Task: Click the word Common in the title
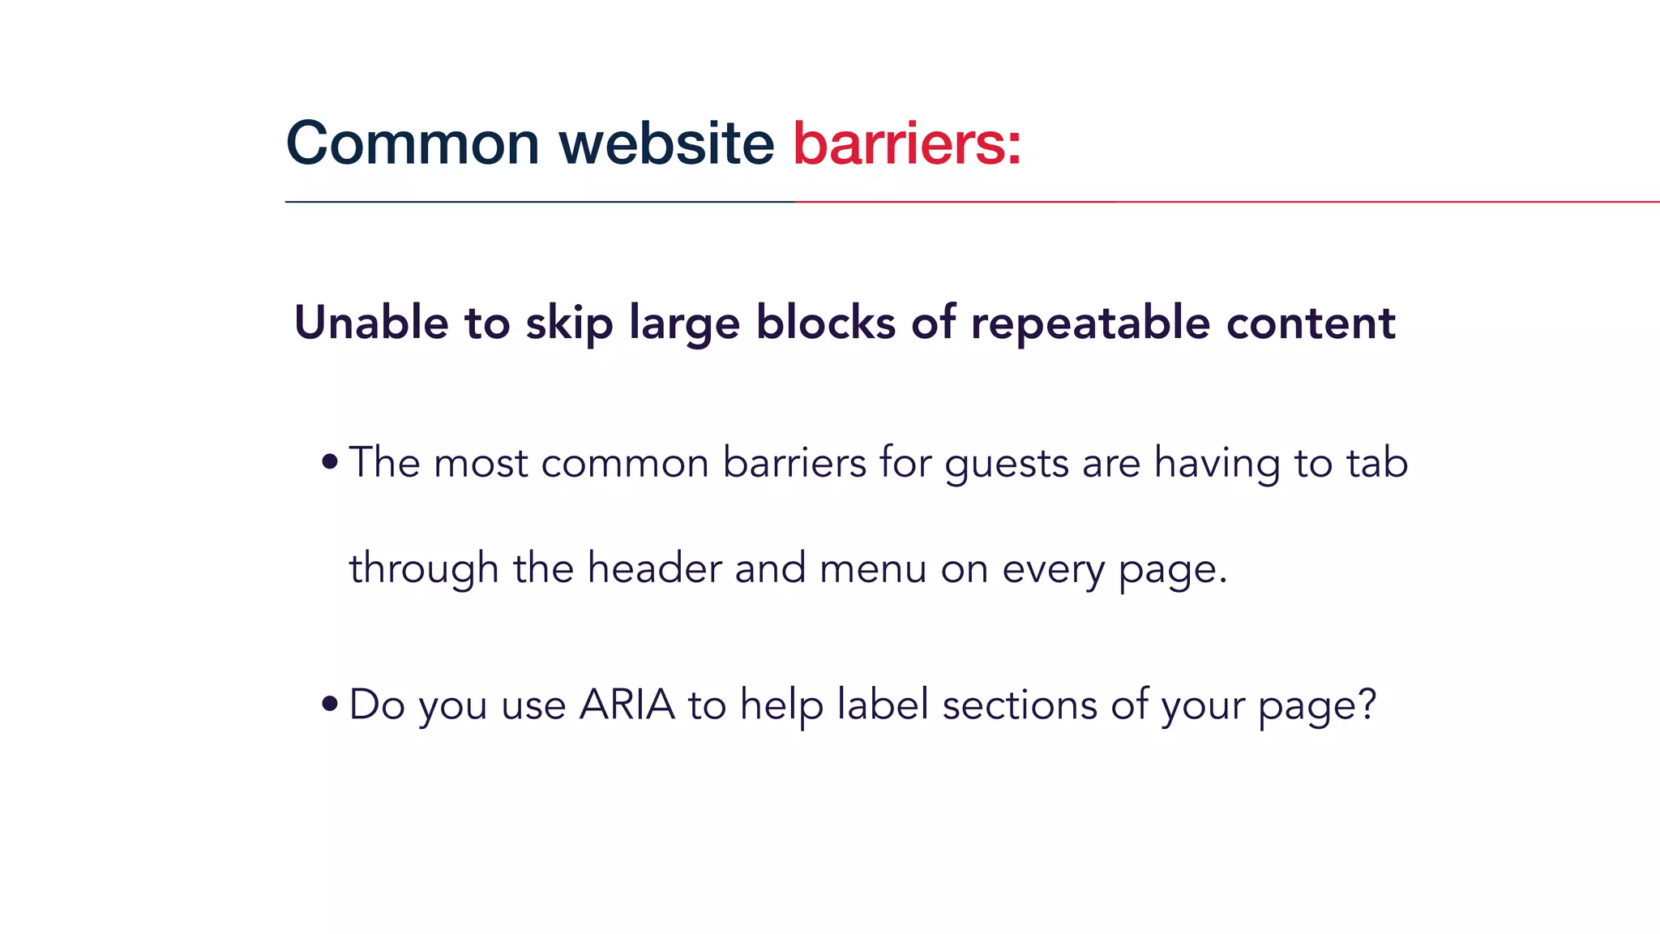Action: (413, 144)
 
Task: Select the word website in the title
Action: (666, 144)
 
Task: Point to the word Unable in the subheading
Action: (371, 323)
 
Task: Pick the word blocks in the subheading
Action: (826, 323)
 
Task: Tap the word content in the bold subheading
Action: (1311, 323)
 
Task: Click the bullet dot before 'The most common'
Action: (329, 462)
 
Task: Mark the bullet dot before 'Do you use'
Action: (329, 703)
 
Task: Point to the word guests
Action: (1006, 464)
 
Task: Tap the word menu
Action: (873, 569)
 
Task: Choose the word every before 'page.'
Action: (1053, 569)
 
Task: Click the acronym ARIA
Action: (627, 704)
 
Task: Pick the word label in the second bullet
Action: (883, 704)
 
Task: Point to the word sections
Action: (1019, 704)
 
